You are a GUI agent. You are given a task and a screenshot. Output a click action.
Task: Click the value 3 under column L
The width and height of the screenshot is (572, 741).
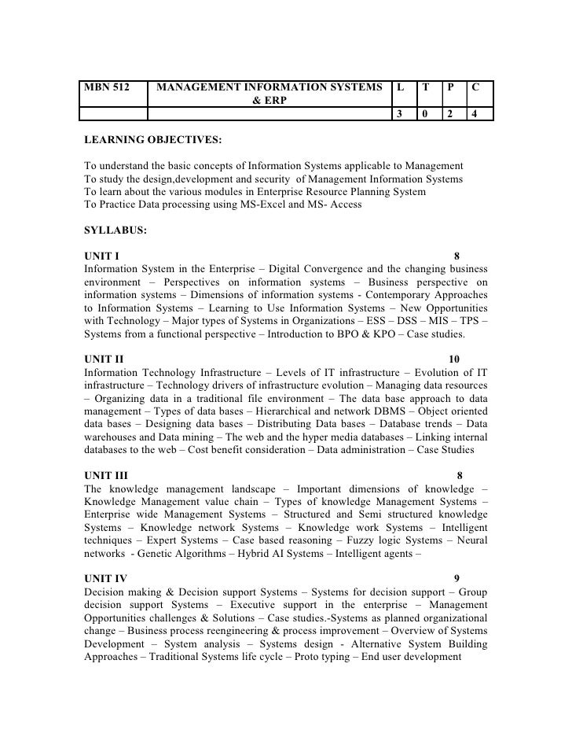pos(400,114)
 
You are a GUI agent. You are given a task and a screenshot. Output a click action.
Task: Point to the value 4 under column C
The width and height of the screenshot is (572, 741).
pos(475,114)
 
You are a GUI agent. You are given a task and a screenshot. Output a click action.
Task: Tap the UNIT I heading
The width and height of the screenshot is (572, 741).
pos(101,256)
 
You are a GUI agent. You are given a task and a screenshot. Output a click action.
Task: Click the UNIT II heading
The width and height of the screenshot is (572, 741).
pos(104,359)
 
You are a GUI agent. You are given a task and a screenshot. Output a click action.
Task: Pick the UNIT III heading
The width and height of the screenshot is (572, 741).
pos(106,475)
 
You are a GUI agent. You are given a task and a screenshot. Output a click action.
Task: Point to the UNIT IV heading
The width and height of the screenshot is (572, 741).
pos(105,578)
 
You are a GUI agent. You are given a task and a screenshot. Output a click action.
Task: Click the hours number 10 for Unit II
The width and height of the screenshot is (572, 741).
pos(454,359)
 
